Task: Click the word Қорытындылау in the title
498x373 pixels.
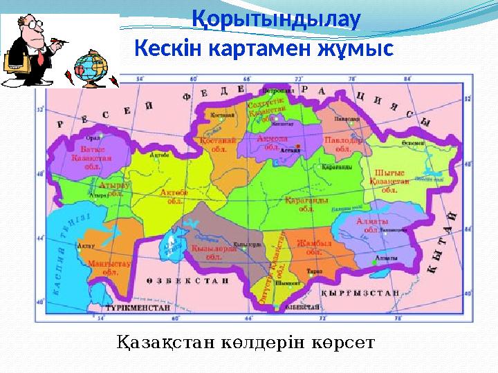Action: (275, 19)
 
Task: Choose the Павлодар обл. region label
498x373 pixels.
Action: (343, 144)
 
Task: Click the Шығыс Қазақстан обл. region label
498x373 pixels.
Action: (391, 181)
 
